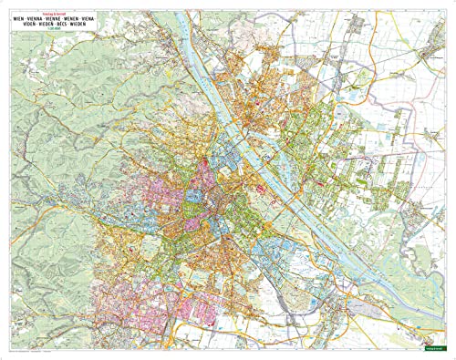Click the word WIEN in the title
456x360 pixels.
pyautogui.click(x=19, y=18)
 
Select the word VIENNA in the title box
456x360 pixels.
pyautogui.click(x=42, y=18)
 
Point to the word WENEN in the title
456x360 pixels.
pyautogui.click(x=91, y=18)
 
